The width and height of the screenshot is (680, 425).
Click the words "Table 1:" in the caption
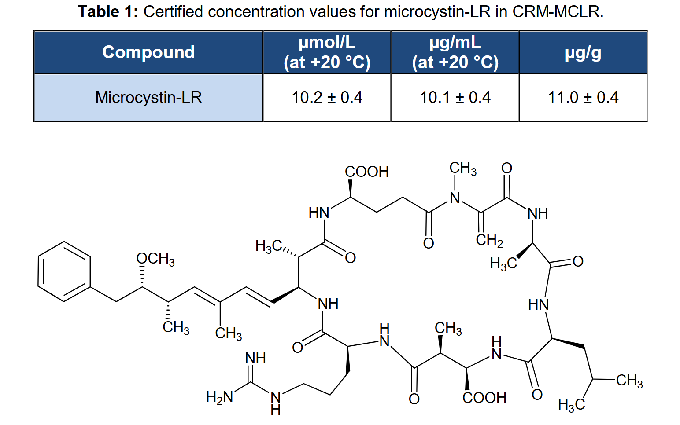tap(108, 12)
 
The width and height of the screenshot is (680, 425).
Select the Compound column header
tap(148, 52)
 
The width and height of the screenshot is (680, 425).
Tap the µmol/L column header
tap(327, 52)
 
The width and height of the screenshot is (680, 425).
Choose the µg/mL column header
tap(455, 52)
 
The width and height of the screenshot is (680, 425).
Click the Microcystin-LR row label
tap(148, 98)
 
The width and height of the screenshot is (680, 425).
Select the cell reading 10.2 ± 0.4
tap(327, 98)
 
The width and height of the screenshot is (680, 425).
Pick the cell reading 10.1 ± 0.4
tap(455, 98)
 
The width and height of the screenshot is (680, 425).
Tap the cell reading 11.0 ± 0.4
tap(583, 98)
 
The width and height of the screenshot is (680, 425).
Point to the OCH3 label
tap(155, 260)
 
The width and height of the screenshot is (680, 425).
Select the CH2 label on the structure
tap(489, 240)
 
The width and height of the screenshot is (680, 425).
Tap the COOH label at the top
tap(367, 172)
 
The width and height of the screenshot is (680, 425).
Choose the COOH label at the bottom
tap(484, 398)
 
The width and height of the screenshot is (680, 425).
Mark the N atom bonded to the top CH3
tap(455, 198)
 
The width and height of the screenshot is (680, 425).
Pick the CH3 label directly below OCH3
tap(176, 328)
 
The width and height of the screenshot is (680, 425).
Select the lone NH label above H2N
tap(255, 358)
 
